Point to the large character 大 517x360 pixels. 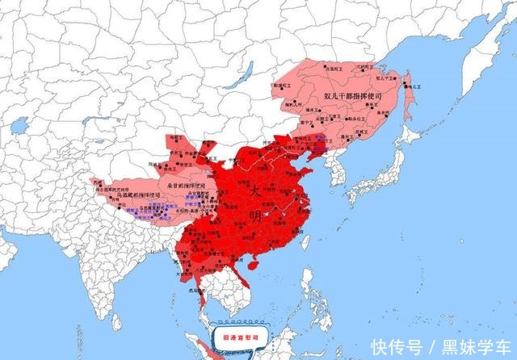254,191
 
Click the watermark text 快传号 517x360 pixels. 393,345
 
